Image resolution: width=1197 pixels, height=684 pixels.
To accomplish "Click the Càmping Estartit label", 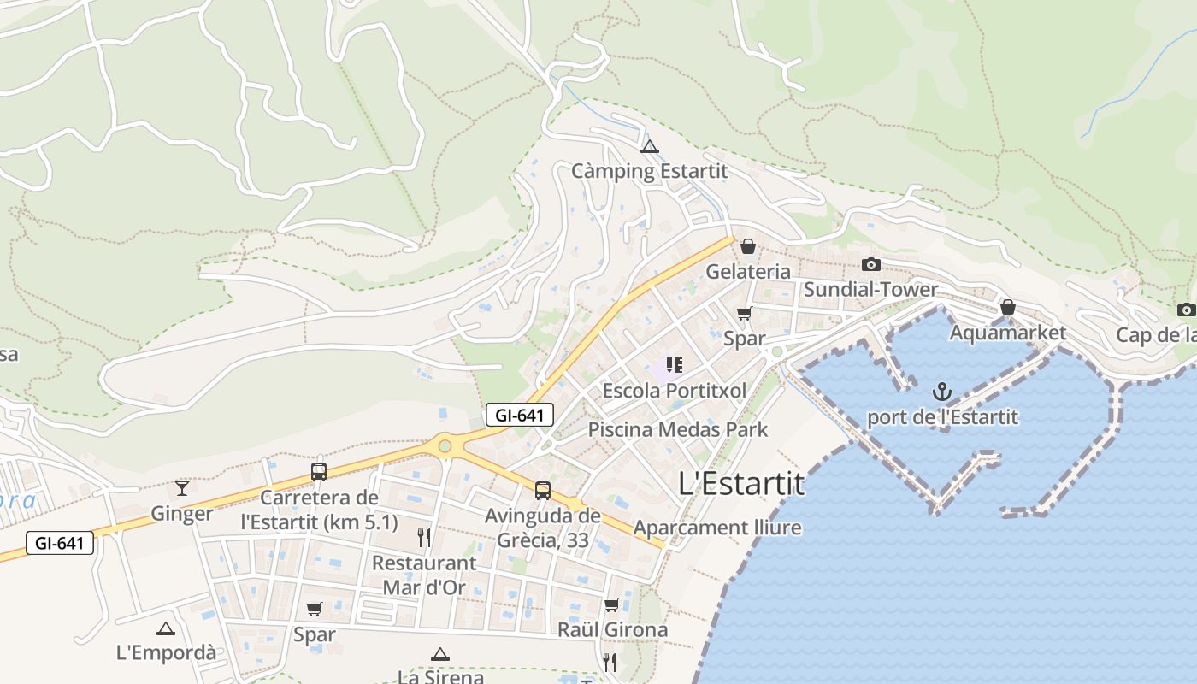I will pos(649,171).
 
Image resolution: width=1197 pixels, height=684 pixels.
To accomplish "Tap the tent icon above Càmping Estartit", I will pos(650,146).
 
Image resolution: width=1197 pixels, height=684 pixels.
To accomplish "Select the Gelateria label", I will pos(748,272).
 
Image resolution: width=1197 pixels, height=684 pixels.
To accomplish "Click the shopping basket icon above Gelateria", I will pos(748,246).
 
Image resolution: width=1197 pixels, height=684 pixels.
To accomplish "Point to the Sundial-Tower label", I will pos(870,290).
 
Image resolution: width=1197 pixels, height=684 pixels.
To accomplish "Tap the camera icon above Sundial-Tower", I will pos(871,264).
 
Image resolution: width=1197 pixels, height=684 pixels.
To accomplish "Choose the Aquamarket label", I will pos(1008,333).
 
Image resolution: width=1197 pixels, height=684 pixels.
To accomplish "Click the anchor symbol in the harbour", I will pos(941,392).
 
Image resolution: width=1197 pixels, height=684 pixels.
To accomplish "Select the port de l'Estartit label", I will pos(942,417).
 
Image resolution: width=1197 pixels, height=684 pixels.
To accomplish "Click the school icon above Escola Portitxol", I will pos(675,366).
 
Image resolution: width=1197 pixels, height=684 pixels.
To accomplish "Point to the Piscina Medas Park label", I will pos(678,429).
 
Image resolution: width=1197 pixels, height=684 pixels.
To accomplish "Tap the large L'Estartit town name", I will pos(741,484).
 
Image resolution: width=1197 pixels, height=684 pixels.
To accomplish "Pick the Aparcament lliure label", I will pos(717,528).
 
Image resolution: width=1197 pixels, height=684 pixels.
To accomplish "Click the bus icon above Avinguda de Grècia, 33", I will pos(543,491).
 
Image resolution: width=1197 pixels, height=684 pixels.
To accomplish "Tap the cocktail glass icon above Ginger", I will pos(181,488).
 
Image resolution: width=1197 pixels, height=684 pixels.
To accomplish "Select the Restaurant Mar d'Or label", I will pos(424,575).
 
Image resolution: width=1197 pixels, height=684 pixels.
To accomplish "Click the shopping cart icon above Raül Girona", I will pos(611,605).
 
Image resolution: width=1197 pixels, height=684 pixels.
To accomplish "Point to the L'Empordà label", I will pos(166,652).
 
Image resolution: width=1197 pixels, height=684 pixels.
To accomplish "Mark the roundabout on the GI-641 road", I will pos(445,445).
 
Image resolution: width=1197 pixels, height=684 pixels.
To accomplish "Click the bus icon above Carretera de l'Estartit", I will pos(319,472).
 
